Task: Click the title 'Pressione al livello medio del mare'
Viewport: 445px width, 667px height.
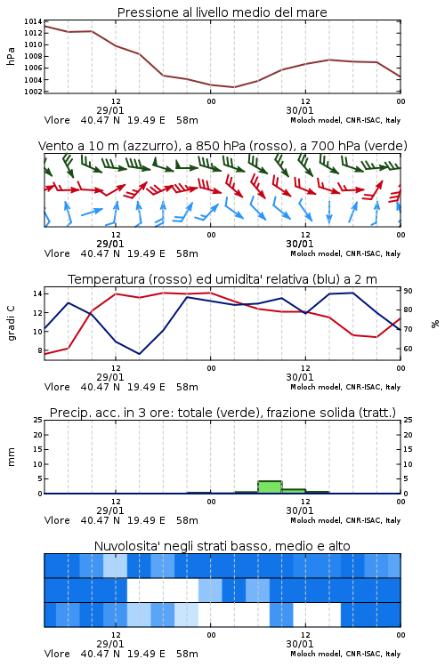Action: [x=222, y=12]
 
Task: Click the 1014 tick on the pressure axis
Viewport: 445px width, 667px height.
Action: [x=33, y=21]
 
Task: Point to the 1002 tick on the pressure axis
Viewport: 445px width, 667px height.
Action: [x=33, y=92]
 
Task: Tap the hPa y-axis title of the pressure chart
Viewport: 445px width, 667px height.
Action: [x=11, y=56]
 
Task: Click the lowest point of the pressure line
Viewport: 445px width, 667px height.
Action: [x=233, y=87]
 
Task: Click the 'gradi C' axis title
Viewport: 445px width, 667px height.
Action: [x=12, y=324]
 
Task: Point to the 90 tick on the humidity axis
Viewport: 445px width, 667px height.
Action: [x=408, y=291]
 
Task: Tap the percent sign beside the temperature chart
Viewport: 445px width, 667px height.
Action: [x=435, y=324]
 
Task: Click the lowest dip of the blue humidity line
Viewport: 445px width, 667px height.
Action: [x=139, y=354]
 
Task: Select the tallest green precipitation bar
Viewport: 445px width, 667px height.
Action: [x=270, y=487]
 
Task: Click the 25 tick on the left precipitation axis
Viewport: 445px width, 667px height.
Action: [x=38, y=420]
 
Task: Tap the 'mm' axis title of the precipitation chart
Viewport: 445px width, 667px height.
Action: [x=11, y=457]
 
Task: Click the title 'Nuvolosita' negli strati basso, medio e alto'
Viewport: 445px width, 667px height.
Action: [x=222, y=546]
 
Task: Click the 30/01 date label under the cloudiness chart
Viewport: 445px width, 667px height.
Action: [x=300, y=644]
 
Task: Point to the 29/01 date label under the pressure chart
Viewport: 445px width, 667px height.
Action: [x=110, y=110]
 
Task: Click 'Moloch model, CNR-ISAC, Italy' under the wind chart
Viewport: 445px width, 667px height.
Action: [x=345, y=253]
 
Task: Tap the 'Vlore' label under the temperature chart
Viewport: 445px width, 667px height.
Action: [x=57, y=387]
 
